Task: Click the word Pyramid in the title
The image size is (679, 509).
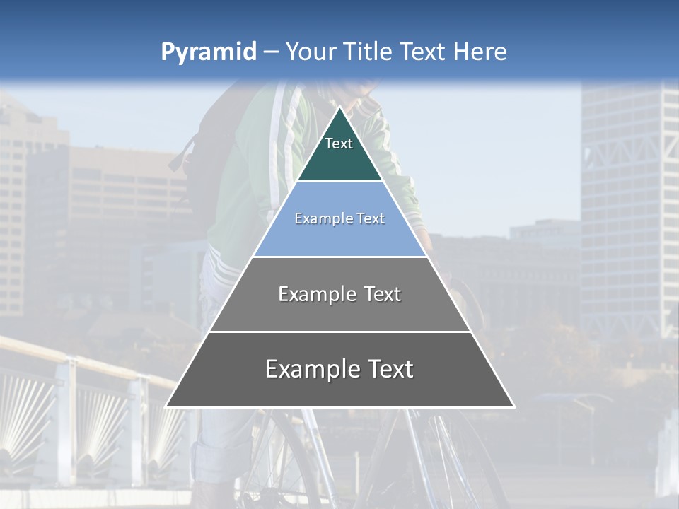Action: (x=209, y=52)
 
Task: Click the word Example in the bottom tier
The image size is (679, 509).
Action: (x=307, y=369)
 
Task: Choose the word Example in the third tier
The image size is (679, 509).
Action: (x=315, y=294)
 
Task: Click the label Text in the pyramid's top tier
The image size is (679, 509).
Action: (x=339, y=144)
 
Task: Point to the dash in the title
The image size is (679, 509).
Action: (x=271, y=52)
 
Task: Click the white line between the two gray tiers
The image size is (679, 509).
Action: (x=339, y=332)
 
